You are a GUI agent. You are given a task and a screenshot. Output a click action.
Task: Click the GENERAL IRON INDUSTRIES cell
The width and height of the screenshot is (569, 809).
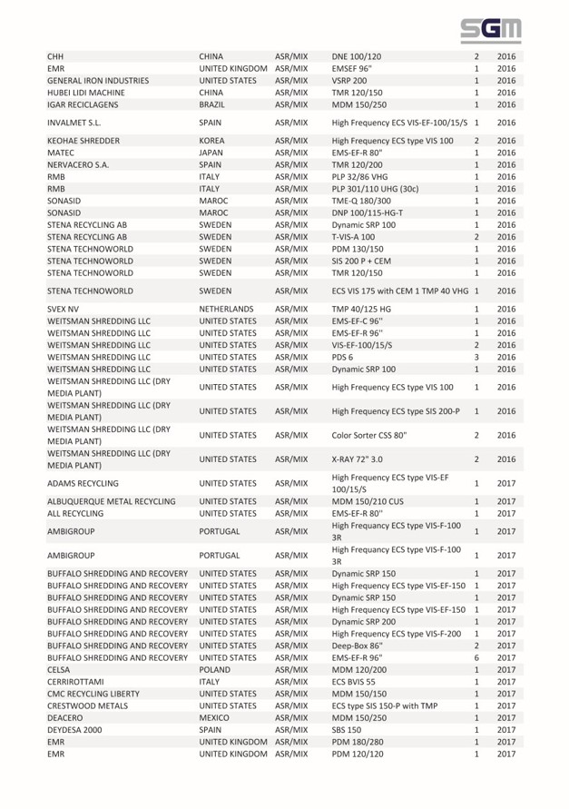point(97,81)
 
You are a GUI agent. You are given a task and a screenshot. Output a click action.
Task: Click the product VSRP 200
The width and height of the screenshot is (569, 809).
point(349,81)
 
